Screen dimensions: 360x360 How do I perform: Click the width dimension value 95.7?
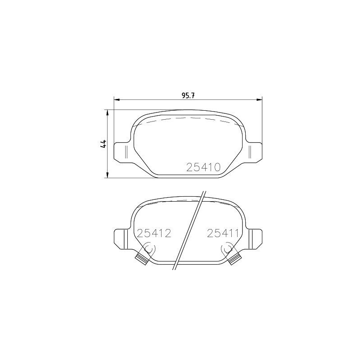188,95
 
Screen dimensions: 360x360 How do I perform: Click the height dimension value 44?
103,144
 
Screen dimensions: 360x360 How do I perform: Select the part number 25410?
203,167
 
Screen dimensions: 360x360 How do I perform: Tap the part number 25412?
154,233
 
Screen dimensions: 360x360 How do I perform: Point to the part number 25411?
223,233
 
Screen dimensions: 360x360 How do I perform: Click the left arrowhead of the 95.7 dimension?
117,99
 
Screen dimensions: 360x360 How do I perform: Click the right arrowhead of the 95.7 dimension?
259,99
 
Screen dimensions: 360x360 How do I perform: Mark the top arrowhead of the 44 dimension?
107,112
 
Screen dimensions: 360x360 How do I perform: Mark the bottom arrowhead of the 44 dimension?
107,175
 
